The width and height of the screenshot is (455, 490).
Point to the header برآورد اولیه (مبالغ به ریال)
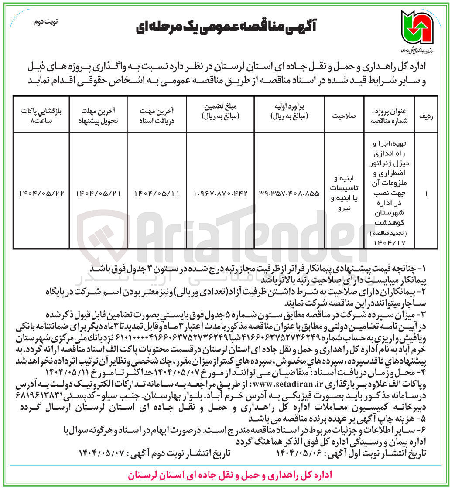(289, 113)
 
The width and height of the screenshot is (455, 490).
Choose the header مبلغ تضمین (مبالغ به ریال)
(220, 113)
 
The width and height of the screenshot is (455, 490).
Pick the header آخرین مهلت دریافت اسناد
(157, 113)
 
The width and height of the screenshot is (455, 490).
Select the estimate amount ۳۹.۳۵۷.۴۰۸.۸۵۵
(289, 193)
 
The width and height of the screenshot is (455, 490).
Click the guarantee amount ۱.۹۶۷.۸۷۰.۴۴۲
(220, 193)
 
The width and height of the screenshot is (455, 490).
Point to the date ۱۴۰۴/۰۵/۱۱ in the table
(157, 193)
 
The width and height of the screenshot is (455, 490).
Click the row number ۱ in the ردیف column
(424, 193)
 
